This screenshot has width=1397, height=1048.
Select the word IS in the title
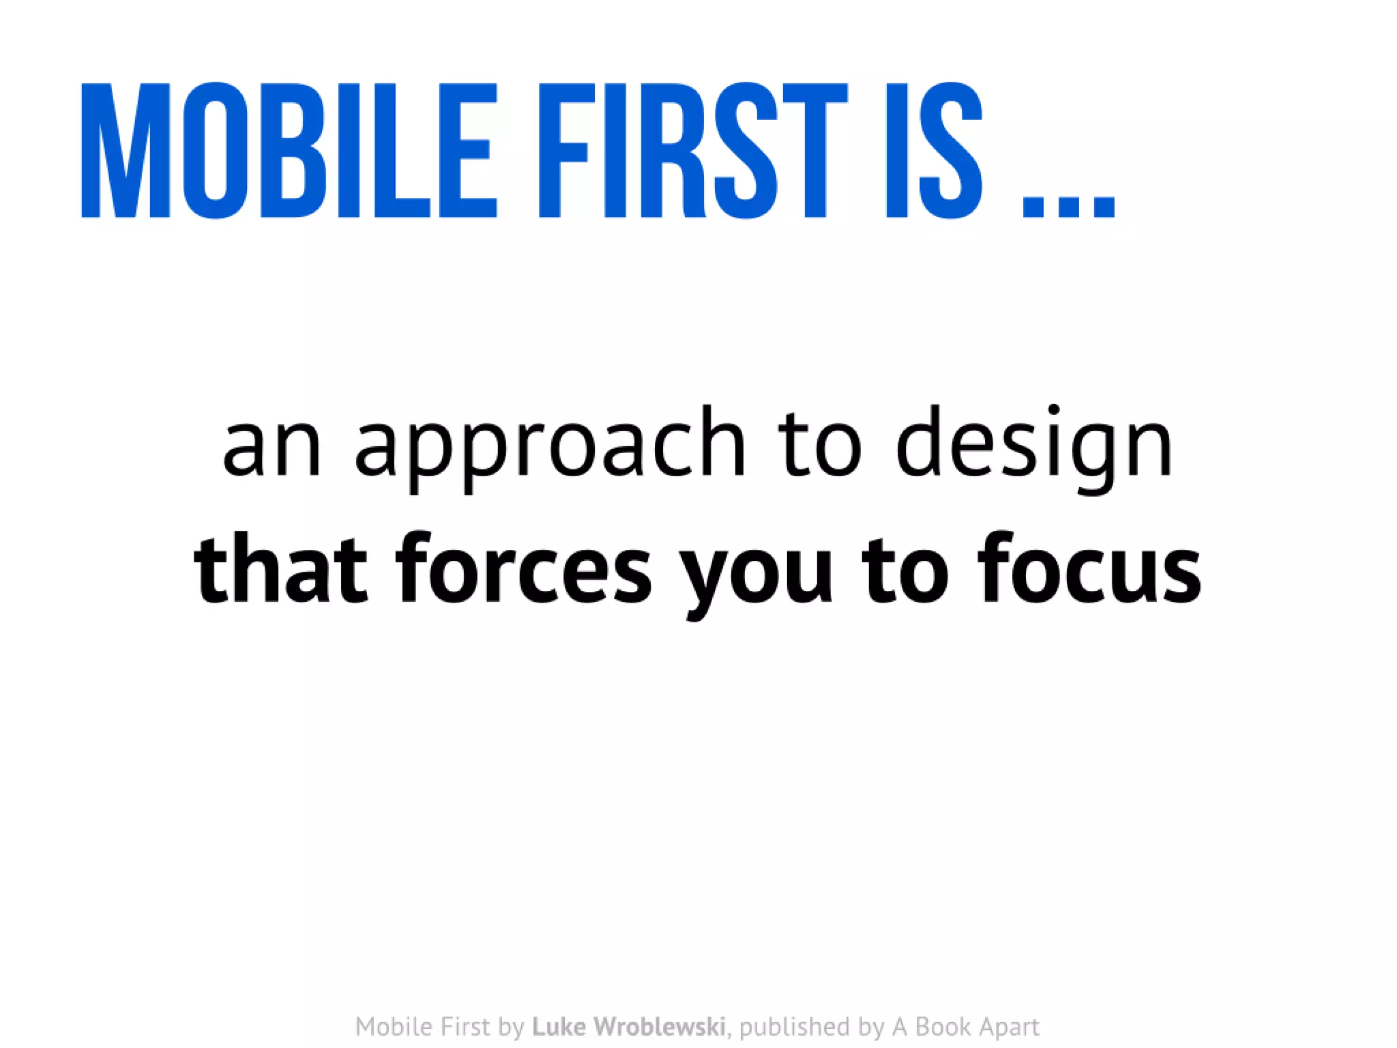[x=934, y=150]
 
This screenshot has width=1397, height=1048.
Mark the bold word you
[x=757, y=573]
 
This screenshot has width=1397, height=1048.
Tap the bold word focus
[x=1089, y=570]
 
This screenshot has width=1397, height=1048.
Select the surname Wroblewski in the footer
[x=659, y=1027]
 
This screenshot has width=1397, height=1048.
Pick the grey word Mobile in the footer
[x=392, y=1027]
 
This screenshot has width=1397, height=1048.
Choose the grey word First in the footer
[x=465, y=1027]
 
